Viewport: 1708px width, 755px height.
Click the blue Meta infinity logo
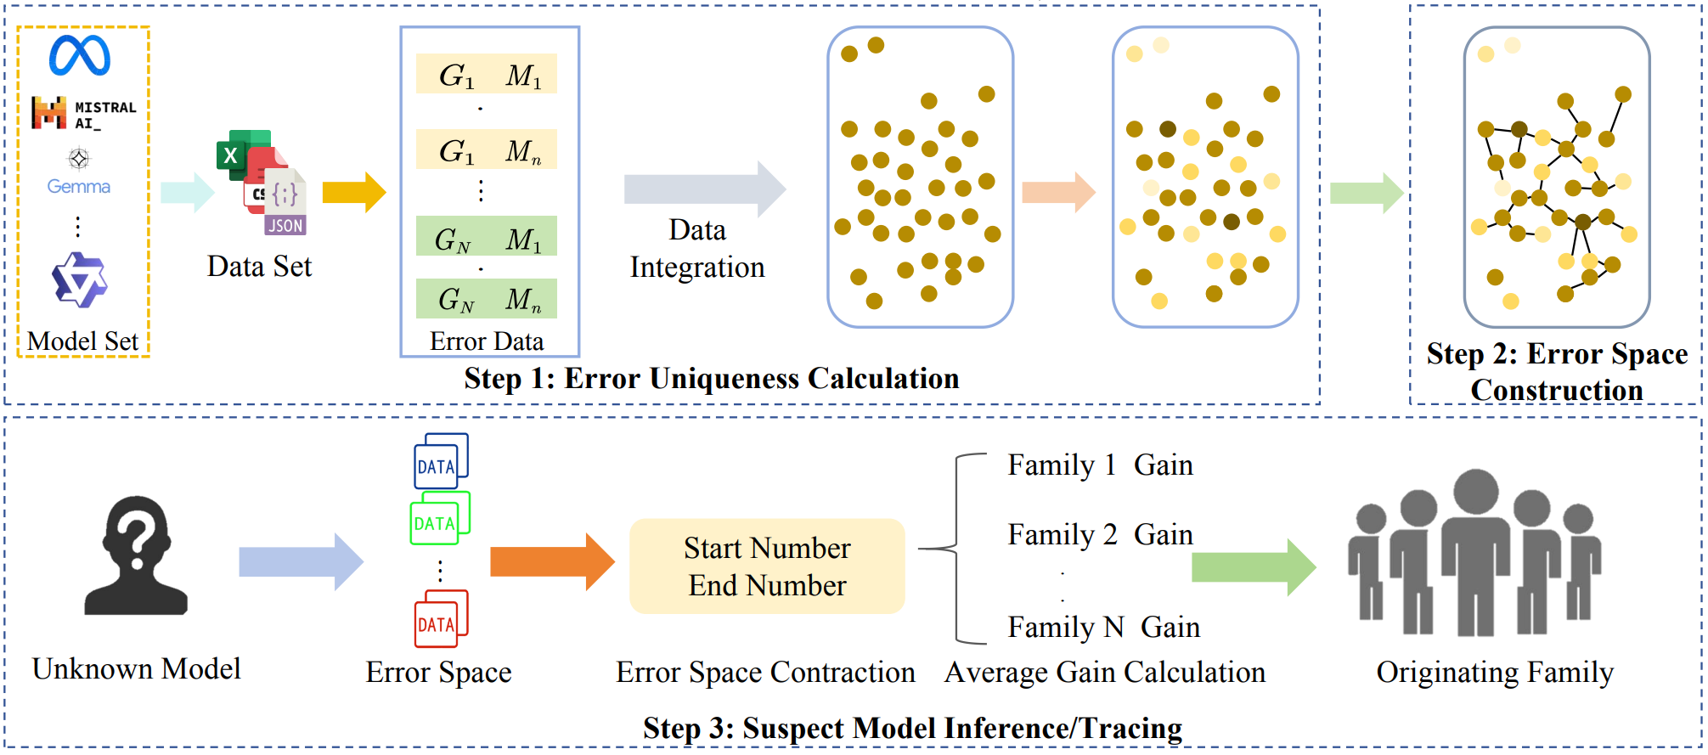[79, 55]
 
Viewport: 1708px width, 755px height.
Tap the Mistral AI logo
[82, 113]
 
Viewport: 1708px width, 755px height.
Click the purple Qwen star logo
[79, 279]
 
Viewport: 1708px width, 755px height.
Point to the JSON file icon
[285, 204]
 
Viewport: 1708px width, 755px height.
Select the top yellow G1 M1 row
[486, 75]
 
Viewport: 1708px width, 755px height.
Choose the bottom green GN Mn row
[486, 299]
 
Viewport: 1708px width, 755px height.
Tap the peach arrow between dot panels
[1057, 192]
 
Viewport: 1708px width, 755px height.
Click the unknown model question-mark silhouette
[136, 556]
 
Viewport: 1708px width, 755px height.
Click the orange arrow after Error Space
[551, 561]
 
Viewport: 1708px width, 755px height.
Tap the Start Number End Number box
[766, 566]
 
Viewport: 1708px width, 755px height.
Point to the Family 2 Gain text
[1099, 535]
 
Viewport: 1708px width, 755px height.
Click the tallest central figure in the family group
[1475, 552]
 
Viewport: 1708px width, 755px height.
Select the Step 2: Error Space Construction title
[1556, 371]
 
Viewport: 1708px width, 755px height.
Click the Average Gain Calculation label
[1104, 673]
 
